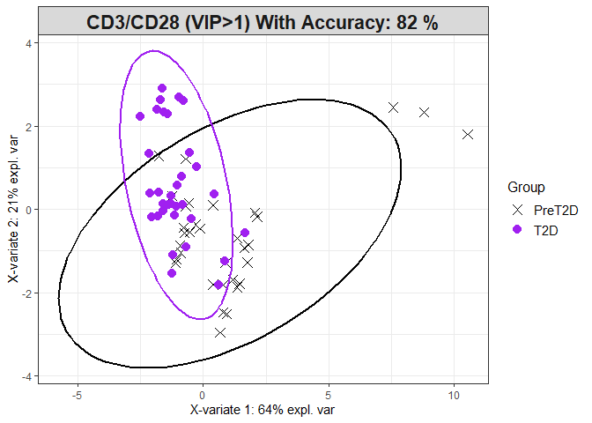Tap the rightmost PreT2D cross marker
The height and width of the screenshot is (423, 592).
pos(468,134)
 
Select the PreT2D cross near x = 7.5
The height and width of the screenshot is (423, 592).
pos(393,108)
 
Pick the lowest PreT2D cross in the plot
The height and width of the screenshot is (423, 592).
pos(220,332)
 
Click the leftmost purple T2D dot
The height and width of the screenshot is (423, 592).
pos(140,116)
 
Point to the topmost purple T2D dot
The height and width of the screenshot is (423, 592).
pos(162,88)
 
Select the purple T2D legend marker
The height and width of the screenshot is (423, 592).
pos(518,229)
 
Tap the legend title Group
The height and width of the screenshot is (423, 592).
pos(526,188)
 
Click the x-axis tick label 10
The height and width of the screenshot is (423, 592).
pos(454,395)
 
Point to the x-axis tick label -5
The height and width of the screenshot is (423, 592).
pos(78,395)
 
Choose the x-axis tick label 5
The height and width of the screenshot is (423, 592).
pos(329,395)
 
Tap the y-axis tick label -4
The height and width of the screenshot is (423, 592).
pos(28,376)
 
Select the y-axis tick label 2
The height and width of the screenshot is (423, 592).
pos(30,126)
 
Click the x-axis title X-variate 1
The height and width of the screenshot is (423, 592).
pos(263,411)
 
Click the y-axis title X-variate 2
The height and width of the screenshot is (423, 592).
pos(11,209)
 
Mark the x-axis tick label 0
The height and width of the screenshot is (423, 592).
pos(203,395)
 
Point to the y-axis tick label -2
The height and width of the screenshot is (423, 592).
pos(28,293)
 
